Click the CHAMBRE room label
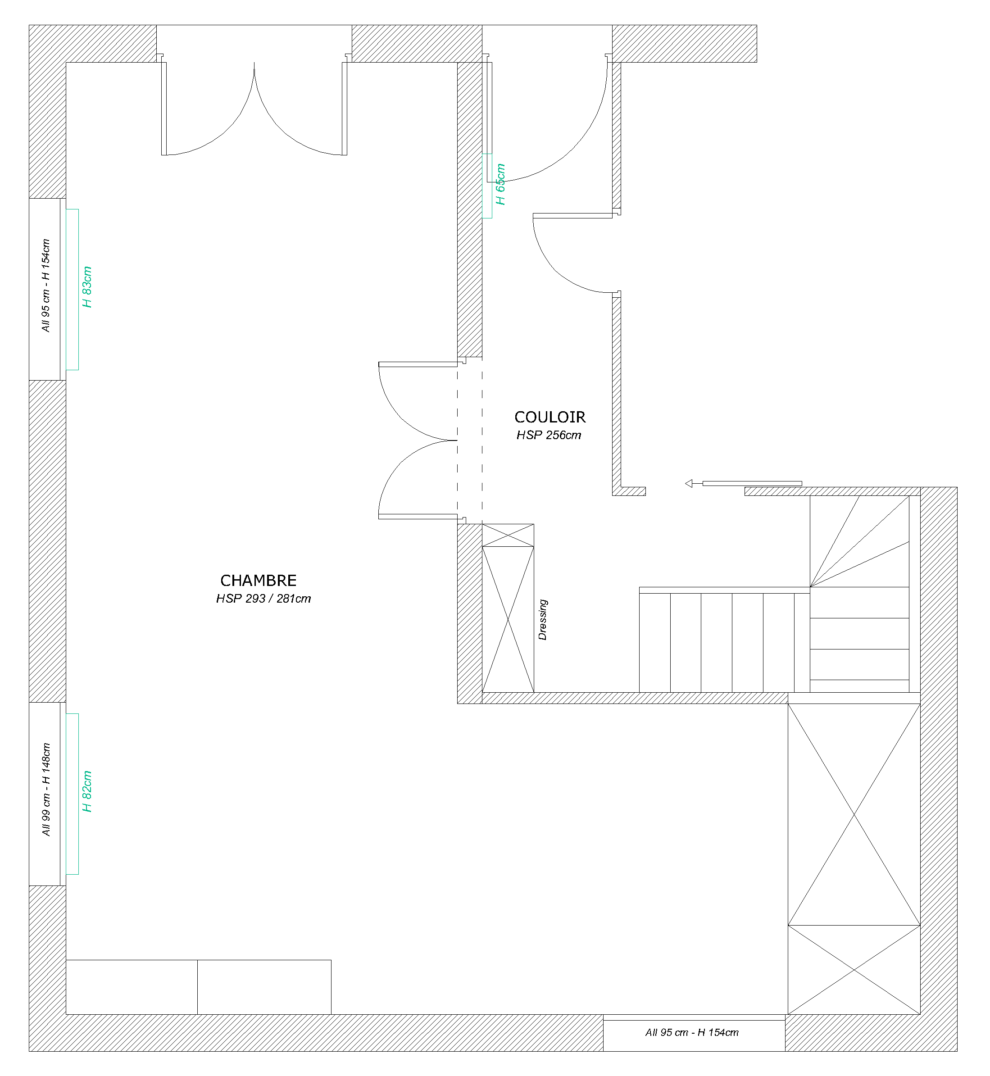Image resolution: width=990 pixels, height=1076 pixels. (258, 581)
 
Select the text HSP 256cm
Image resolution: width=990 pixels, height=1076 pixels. (549, 436)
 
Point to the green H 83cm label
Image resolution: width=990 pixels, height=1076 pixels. (87, 288)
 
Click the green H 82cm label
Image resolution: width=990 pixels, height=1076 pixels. (87, 792)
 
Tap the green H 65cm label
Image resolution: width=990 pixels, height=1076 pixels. (500, 185)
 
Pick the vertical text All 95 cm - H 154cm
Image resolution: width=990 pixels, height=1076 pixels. (46, 286)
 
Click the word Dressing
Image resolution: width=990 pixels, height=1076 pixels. (543, 620)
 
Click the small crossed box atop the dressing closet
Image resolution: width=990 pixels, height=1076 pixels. (508, 535)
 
